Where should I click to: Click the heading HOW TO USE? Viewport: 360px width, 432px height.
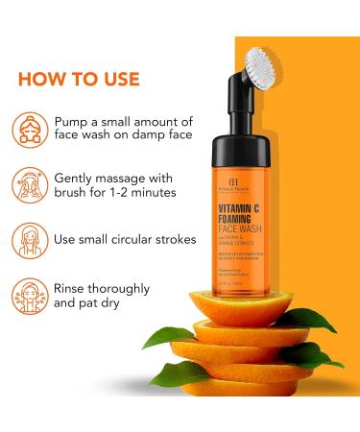point(79,79)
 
